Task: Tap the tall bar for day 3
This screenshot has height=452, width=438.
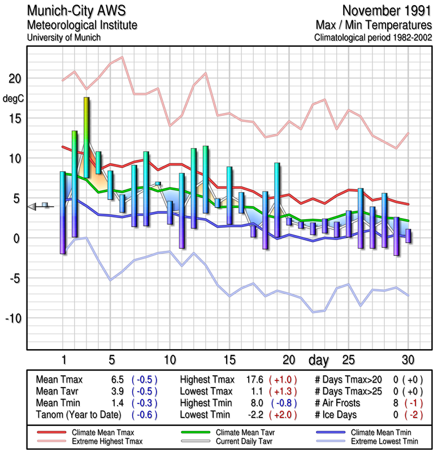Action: pyautogui.click(x=86, y=137)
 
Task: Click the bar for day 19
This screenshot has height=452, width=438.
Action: pyautogui.click(x=277, y=199)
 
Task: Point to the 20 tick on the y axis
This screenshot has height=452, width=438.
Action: pyautogui.click(x=15, y=79)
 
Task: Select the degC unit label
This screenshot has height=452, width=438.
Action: pyautogui.click(x=14, y=98)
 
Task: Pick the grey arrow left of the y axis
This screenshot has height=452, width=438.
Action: pyautogui.click(x=33, y=207)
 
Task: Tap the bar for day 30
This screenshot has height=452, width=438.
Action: pyautogui.click(x=408, y=236)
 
